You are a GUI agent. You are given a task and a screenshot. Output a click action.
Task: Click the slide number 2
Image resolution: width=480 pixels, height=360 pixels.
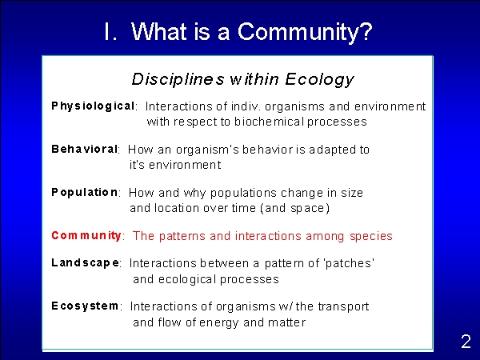tap(466, 342)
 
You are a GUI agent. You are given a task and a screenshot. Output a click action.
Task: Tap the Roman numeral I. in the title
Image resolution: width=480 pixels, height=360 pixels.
tap(110, 31)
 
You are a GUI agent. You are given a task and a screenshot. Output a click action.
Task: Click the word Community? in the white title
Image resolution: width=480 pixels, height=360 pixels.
tap(305, 33)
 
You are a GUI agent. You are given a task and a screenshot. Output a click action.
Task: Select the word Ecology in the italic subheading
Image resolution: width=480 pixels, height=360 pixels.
tap(319, 79)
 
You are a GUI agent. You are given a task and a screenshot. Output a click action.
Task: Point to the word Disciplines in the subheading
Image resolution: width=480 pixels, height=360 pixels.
tap(178, 79)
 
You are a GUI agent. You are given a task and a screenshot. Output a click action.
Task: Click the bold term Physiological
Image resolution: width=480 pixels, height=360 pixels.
tap(93, 106)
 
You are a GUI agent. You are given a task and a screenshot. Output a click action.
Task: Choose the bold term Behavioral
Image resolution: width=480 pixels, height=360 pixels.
tap(85, 149)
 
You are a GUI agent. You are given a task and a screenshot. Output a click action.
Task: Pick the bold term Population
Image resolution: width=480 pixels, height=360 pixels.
tap(85, 193)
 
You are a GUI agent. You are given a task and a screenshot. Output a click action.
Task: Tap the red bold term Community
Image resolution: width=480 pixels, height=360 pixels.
tap(86, 236)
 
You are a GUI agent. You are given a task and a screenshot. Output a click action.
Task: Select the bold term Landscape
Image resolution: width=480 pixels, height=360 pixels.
tap(86, 263)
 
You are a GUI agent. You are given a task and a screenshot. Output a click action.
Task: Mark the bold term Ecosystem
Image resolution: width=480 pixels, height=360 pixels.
tap(85, 306)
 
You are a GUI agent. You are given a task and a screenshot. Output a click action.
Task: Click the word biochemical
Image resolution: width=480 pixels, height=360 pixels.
tap(269, 122)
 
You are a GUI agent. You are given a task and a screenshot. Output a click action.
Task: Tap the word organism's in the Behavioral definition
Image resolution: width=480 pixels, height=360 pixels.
tap(207, 150)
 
